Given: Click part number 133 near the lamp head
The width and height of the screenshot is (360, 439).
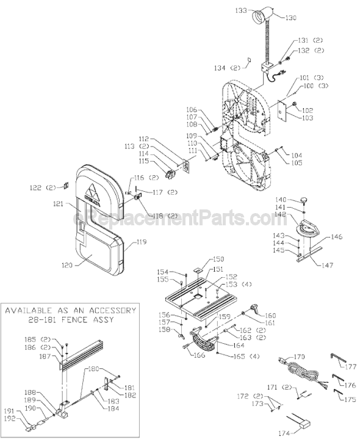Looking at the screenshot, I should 241,10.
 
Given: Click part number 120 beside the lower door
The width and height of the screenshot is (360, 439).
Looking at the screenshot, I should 67,265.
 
